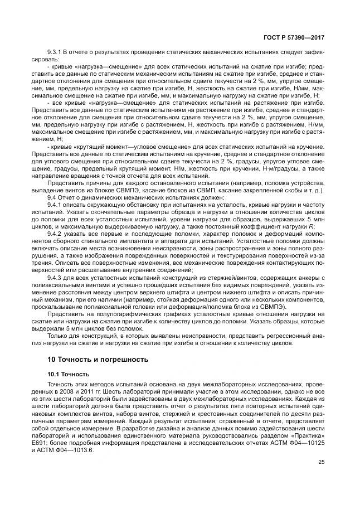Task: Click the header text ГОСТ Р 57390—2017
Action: coord(296,38)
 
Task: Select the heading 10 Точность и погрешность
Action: coord(98,359)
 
